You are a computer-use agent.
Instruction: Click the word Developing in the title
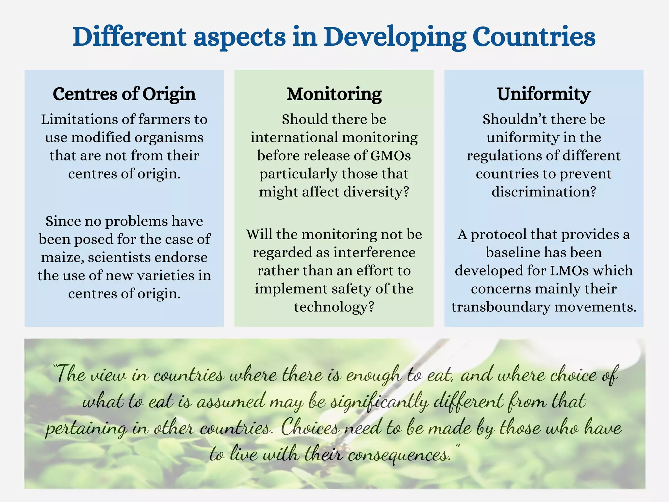click(x=395, y=37)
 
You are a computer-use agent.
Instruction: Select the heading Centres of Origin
click(x=124, y=94)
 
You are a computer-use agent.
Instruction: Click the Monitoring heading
click(x=334, y=94)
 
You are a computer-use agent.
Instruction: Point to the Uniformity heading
click(x=544, y=94)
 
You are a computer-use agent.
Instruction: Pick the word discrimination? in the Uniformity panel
click(x=544, y=192)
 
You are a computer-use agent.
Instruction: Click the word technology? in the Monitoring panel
click(x=334, y=307)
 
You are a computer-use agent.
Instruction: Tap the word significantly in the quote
click(x=379, y=402)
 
